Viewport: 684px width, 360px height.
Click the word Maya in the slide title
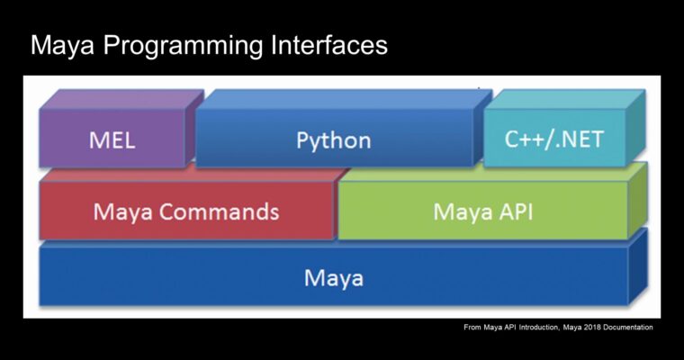click(x=64, y=46)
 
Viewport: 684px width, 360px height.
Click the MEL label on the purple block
click(x=112, y=140)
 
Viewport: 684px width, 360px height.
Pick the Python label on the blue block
click(x=333, y=140)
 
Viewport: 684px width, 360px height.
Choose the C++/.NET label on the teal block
click(x=554, y=139)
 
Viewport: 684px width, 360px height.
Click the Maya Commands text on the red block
click(x=185, y=212)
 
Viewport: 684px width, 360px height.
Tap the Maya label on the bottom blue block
click(x=333, y=277)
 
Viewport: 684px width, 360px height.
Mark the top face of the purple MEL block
click(x=121, y=98)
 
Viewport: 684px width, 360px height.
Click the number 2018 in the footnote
click(x=582, y=328)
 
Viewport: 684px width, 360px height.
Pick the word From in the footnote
click(x=472, y=328)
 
